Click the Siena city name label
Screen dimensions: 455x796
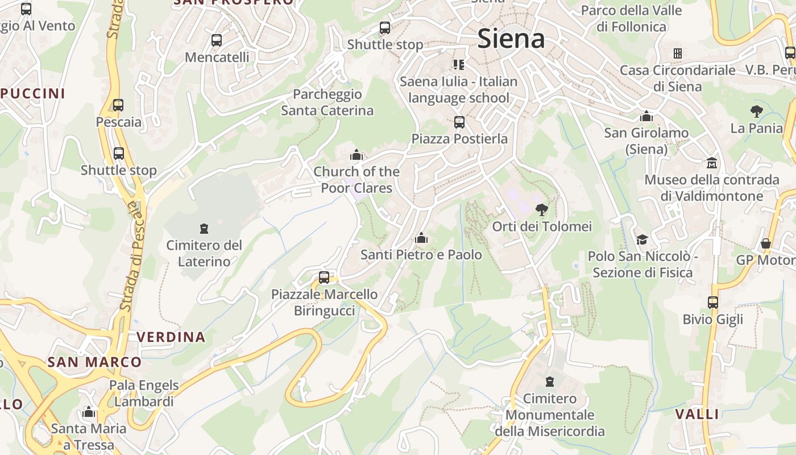pos(511,39)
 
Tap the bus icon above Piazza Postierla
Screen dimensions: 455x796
pos(459,122)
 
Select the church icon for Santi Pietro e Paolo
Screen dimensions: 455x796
pos(421,238)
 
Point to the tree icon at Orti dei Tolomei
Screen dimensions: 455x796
pos(542,209)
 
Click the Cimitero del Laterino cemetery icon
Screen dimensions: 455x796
pos(204,229)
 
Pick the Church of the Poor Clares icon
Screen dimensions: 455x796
pos(356,154)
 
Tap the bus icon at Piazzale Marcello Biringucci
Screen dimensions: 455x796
pos(324,278)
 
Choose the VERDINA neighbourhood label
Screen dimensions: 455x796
pos(171,337)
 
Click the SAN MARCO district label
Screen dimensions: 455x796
pos(94,362)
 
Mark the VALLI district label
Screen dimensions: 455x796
pos(697,414)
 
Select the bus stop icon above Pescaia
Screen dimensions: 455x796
pos(118,105)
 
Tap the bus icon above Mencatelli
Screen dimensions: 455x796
pos(217,40)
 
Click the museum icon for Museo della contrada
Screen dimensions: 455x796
pos(711,163)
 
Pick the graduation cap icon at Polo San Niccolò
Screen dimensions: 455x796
pos(642,239)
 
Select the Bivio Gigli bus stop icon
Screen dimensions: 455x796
pos(713,303)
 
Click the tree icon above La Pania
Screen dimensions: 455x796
pos(756,111)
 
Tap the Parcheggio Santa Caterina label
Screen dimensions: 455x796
pos(327,102)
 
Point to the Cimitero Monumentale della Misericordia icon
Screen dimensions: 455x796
pos(550,381)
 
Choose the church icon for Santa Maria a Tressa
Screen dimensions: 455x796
pos(88,412)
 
